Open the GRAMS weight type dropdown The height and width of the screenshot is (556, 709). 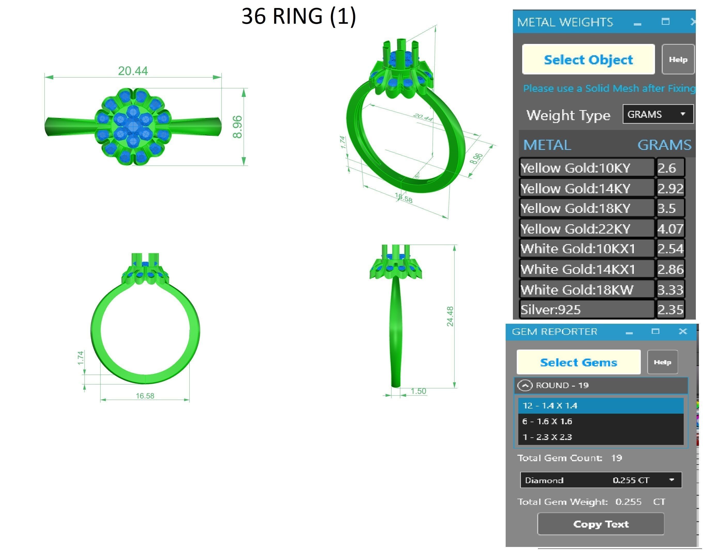click(658, 114)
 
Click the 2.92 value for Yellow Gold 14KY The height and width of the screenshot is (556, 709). click(670, 188)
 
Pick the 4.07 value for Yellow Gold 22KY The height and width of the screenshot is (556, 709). click(670, 228)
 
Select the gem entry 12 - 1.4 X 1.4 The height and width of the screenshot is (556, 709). click(600, 406)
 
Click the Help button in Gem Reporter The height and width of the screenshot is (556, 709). click(662, 362)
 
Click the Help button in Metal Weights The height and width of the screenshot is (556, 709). click(678, 60)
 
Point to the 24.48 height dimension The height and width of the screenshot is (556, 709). click(450, 316)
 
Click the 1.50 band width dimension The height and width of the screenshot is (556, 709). click(418, 391)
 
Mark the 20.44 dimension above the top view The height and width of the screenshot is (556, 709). click(133, 71)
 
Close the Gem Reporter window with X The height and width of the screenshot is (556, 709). click(683, 331)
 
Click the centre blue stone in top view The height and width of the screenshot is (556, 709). click(133, 127)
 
